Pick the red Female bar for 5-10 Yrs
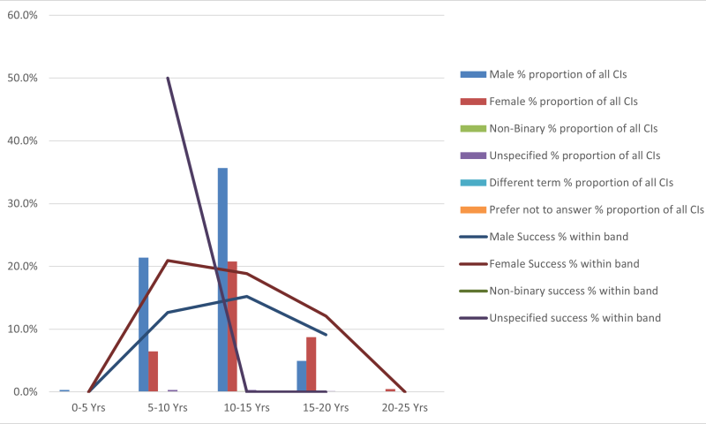[153, 371]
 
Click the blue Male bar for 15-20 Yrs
[302, 375]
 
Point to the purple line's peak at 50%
[168, 78]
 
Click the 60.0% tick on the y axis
[22, 15]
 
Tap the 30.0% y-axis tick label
[22, 203]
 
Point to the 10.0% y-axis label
[22, 329]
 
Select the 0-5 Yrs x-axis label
[88, 408]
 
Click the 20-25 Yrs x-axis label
[405, 408]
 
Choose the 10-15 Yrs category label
[246, 408]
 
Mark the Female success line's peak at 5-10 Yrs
[168, 261]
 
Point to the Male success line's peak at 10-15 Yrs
[247, 296]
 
